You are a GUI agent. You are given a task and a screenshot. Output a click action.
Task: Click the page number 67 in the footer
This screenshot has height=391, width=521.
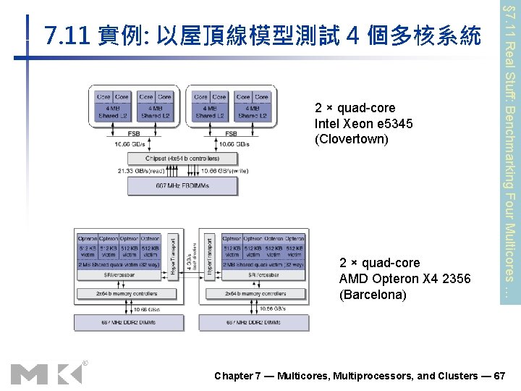click(499, 376)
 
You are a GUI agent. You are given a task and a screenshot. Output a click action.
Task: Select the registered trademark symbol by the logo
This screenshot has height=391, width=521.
click(85, 363)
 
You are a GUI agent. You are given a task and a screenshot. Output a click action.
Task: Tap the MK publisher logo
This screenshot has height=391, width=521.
click(45, 374)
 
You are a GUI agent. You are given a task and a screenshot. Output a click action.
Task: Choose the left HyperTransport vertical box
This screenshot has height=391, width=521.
click(172, 258)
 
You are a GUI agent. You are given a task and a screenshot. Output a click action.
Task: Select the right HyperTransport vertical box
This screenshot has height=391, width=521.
click(210, 258)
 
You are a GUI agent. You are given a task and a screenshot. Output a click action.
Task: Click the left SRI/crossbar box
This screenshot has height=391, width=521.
click(119, 276)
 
